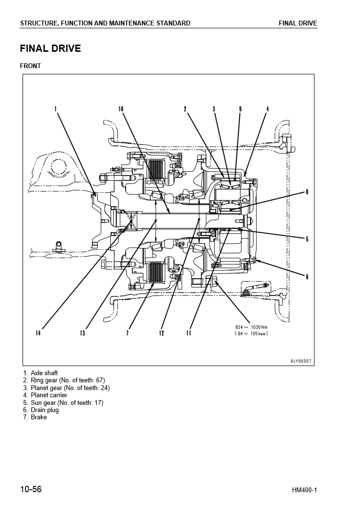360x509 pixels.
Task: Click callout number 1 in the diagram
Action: (56, 109)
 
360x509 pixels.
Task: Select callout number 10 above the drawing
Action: (121, 109)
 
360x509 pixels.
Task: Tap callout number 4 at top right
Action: (267, 109)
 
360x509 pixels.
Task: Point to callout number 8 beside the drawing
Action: (307, 192)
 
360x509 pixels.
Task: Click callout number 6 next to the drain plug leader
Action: (307, 276)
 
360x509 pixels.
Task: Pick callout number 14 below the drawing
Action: (38, 333)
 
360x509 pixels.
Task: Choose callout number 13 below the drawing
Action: (82, 333)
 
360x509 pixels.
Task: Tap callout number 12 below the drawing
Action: (162, 333)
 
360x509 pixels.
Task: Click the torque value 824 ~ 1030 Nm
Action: (251, 327)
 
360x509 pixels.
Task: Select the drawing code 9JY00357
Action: (301, 361)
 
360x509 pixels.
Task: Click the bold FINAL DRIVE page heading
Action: (50, 48)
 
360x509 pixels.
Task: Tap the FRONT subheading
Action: (30, 66)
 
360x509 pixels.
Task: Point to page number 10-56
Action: (31, 490)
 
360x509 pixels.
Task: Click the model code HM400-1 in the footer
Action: (304, 490)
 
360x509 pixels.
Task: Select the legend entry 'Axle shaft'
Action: (44, 373)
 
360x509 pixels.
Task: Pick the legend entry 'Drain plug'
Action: (45, 410)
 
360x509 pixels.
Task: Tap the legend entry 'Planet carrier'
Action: (49, 395)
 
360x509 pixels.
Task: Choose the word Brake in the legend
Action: (39, 417)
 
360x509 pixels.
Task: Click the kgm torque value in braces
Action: (251, 333)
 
